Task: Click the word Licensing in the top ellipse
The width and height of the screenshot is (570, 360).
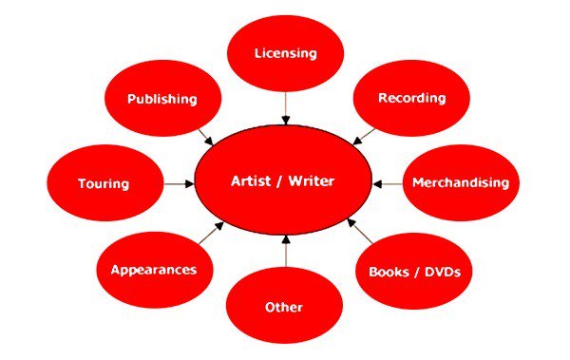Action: click(285, 52)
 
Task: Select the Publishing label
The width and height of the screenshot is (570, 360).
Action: click(162, 99)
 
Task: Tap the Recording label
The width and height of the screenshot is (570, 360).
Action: click(410, 99)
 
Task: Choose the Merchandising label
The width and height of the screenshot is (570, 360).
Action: click(461, 182)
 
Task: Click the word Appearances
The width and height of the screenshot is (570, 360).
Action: click(154, 269)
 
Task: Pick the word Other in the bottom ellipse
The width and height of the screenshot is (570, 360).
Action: click(284, 308)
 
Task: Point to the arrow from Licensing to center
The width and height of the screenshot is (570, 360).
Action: click(285, 107)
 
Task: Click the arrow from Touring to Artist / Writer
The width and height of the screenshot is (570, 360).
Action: click(178, 182)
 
